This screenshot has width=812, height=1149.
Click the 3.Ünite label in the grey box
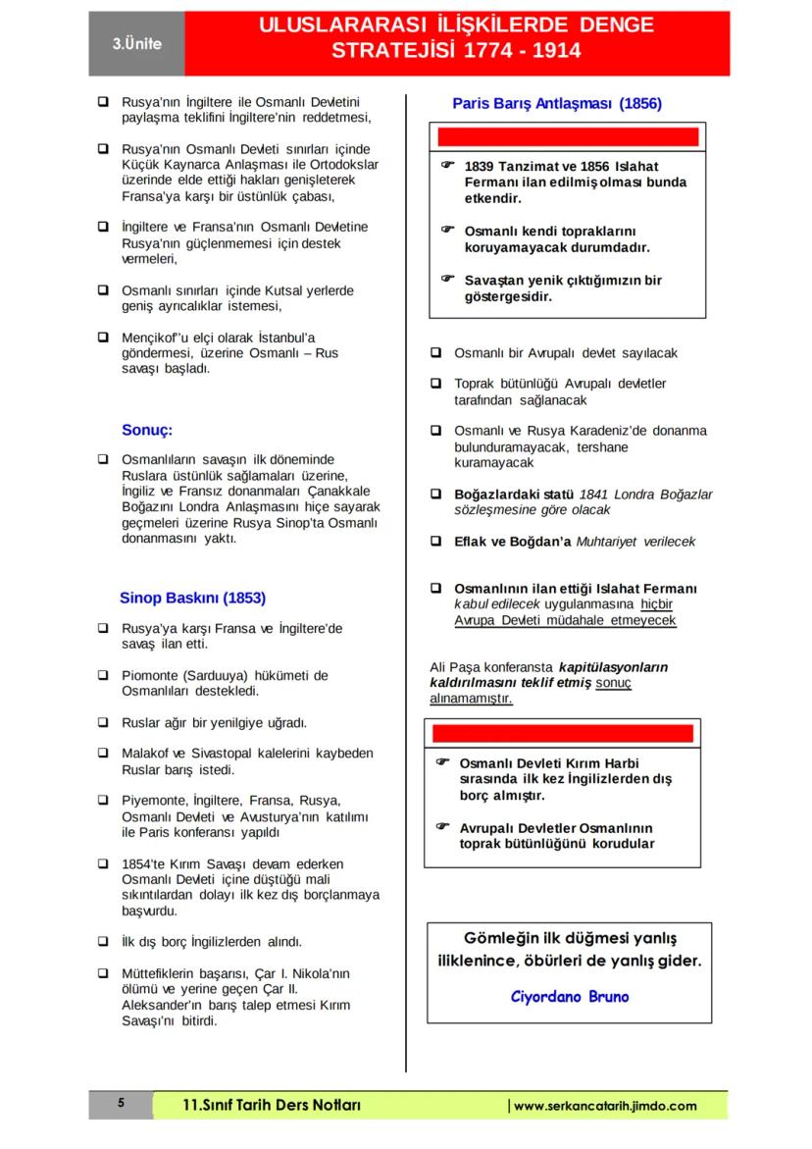pyautogui.click(x=136, y=44)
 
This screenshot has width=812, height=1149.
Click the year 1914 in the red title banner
pyautogui.click(x=556, y=50)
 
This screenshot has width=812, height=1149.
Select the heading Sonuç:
pyautogui.click(x=147, y=429)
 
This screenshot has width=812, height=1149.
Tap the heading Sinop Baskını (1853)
pyautogui.click(x=192, y=597)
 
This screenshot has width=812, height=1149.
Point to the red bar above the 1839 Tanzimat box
pyautogui.click(x=568, y=136)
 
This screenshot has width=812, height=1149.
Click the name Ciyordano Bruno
pyautogui.click(x=570, y=997)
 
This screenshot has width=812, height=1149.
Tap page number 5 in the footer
pyautogui.click(x=121, y=1104)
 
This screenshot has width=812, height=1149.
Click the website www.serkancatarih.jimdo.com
pyautogui.click(x=605, y=1106)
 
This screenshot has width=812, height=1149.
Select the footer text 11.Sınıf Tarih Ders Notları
pyautogui.click(x=273, y=1106)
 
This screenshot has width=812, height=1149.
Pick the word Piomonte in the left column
pyautogui.click(x=148, y=675)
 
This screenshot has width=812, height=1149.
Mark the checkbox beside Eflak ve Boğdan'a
pyautogui.click(x=435, y=541)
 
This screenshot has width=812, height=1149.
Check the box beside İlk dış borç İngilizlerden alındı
pyautogui.click(x=103, y=942)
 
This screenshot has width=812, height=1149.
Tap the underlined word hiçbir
pyautogui.click(x=656, y=604)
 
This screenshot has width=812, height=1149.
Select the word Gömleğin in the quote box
pyautogui.click(x=497, y=937)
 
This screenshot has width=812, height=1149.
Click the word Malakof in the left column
pyautogui.click(x=148, y=754)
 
